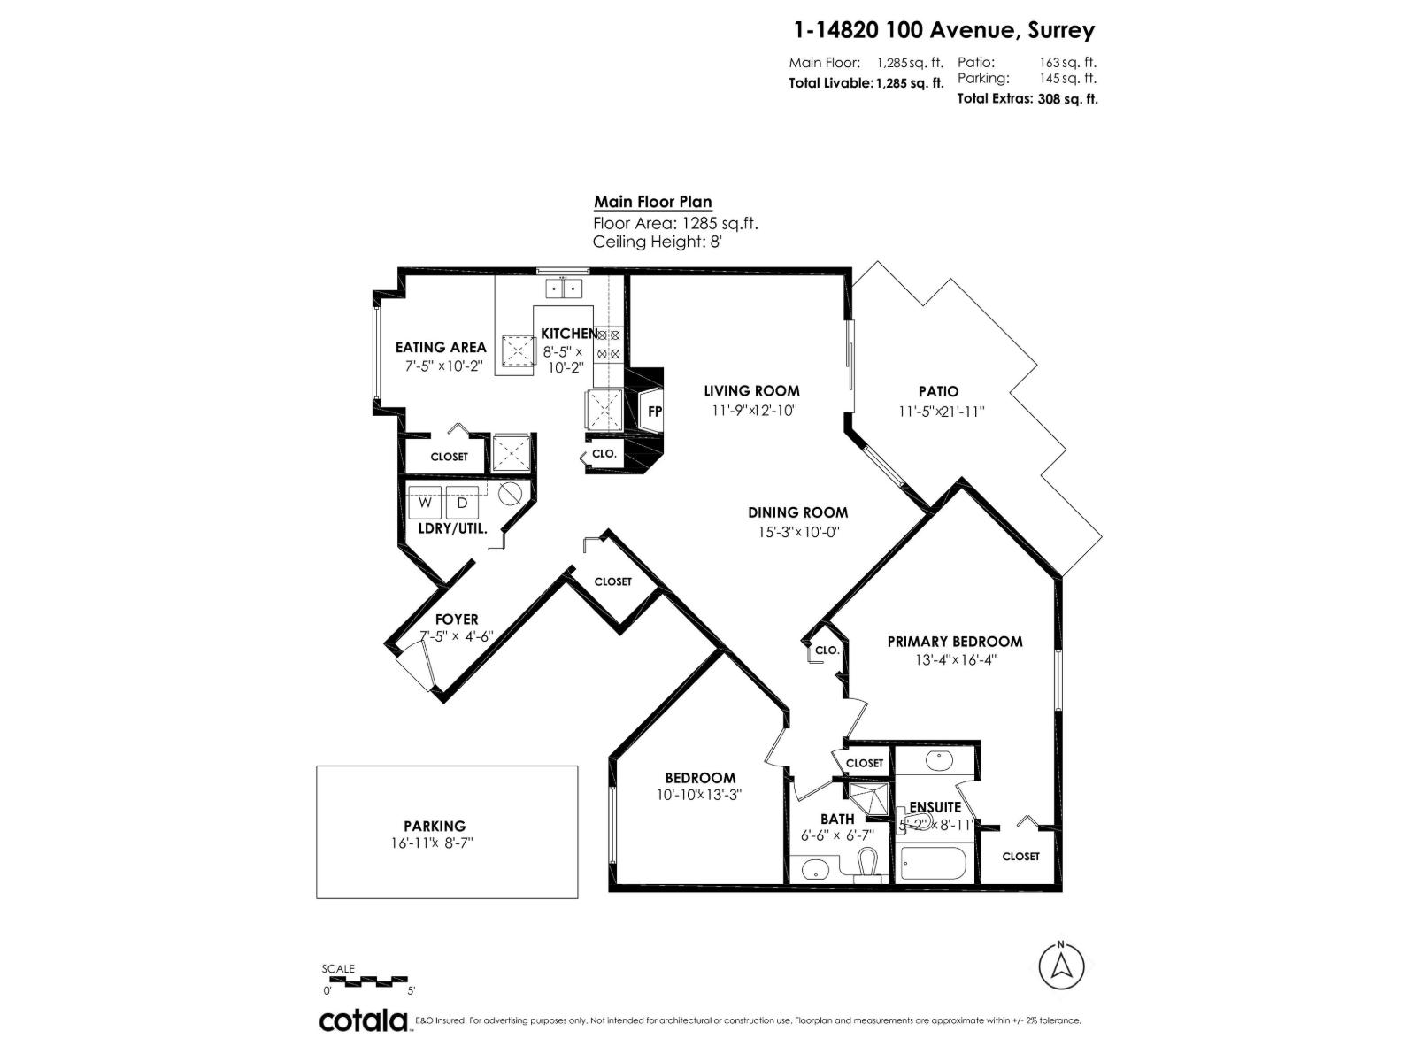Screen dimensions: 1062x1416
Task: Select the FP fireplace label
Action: click(x=655, y=412)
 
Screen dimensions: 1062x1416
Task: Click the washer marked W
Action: click(x=426, y=503)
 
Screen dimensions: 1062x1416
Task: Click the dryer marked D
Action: click(x=462, y=503)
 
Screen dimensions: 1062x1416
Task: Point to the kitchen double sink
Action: click(x=564, y=288)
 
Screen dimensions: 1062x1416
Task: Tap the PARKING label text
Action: click(x=435, y=826)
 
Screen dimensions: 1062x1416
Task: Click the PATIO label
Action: click(x=938, y=391)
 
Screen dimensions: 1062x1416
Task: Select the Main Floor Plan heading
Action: click(x=652, y=202)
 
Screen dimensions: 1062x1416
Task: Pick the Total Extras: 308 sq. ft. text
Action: click(x=1027, y=99)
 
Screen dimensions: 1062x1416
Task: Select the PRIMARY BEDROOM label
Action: click(x=955, y=642)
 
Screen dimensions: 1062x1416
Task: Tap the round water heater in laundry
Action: click(x=512, y=494)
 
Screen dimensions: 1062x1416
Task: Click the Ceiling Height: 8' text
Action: click(x=658, y=242)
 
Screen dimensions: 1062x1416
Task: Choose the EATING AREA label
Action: click(x=441, y=347)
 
